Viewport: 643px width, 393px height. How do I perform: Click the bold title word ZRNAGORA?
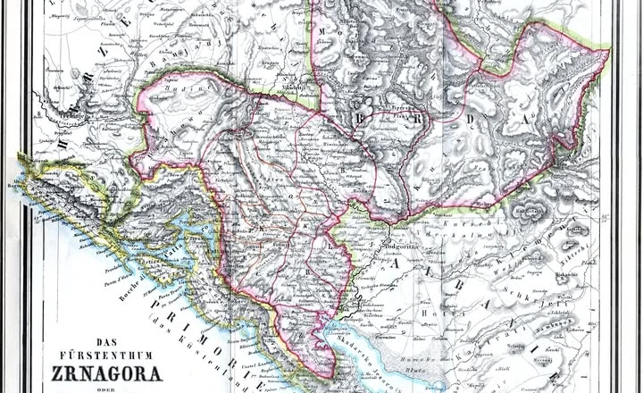pyautogui.click(x=95, y=372)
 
